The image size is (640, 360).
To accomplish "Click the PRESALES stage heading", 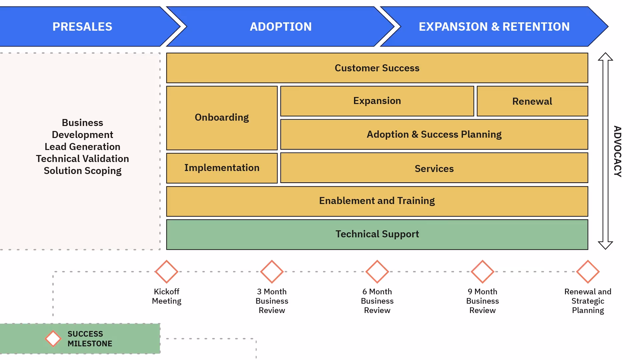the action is [82, 27].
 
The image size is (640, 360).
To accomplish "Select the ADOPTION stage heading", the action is [281, 27].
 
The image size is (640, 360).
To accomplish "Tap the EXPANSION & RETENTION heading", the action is [494, 27].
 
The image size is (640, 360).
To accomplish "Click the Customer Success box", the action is [377, 68].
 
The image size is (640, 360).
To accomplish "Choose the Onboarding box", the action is [222, 118].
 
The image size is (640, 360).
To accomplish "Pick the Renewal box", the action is [532, 101].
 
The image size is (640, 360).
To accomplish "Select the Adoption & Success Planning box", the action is [434, 134].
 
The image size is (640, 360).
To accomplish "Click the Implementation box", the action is [222, 168].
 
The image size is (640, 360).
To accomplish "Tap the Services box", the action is [434, 168].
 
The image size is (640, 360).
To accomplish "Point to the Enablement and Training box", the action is [377, 201].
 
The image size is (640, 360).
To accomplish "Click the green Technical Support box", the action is [377, 235].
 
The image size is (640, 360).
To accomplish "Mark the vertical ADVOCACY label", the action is [618, 151].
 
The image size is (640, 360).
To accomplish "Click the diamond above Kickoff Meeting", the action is [166, 272].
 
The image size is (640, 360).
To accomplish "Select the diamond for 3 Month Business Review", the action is [272, 272].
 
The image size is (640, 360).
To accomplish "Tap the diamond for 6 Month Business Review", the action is [377, 272].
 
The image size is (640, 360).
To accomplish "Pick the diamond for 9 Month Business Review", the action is [482, 272].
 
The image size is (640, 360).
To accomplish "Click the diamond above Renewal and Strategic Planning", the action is [588, 272].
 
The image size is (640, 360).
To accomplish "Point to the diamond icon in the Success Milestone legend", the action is [53, 339].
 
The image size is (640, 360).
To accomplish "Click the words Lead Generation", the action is [82, 147].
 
